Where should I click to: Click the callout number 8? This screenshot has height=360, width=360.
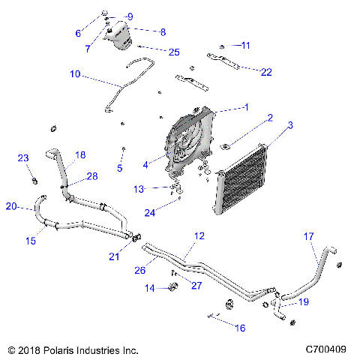tap(162, 31)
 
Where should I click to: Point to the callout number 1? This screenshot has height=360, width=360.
tap(245, 107)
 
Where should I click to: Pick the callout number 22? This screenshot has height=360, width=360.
tap(266, 72)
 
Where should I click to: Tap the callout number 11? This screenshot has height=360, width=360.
tap(245, 45)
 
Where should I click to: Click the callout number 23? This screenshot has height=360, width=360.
tap(22, 157)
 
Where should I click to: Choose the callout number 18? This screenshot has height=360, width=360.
tap(80, 154)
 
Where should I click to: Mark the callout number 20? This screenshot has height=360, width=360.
tap(10, 206)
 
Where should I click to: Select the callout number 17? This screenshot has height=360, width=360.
tap(308, 236)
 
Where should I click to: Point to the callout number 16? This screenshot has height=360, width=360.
tap(241, 327)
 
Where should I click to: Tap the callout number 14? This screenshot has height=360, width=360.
tap(149, 288)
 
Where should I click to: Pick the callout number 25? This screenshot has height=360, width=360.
tap(174, 52)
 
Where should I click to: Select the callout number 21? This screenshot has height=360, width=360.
tap(115, 256)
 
